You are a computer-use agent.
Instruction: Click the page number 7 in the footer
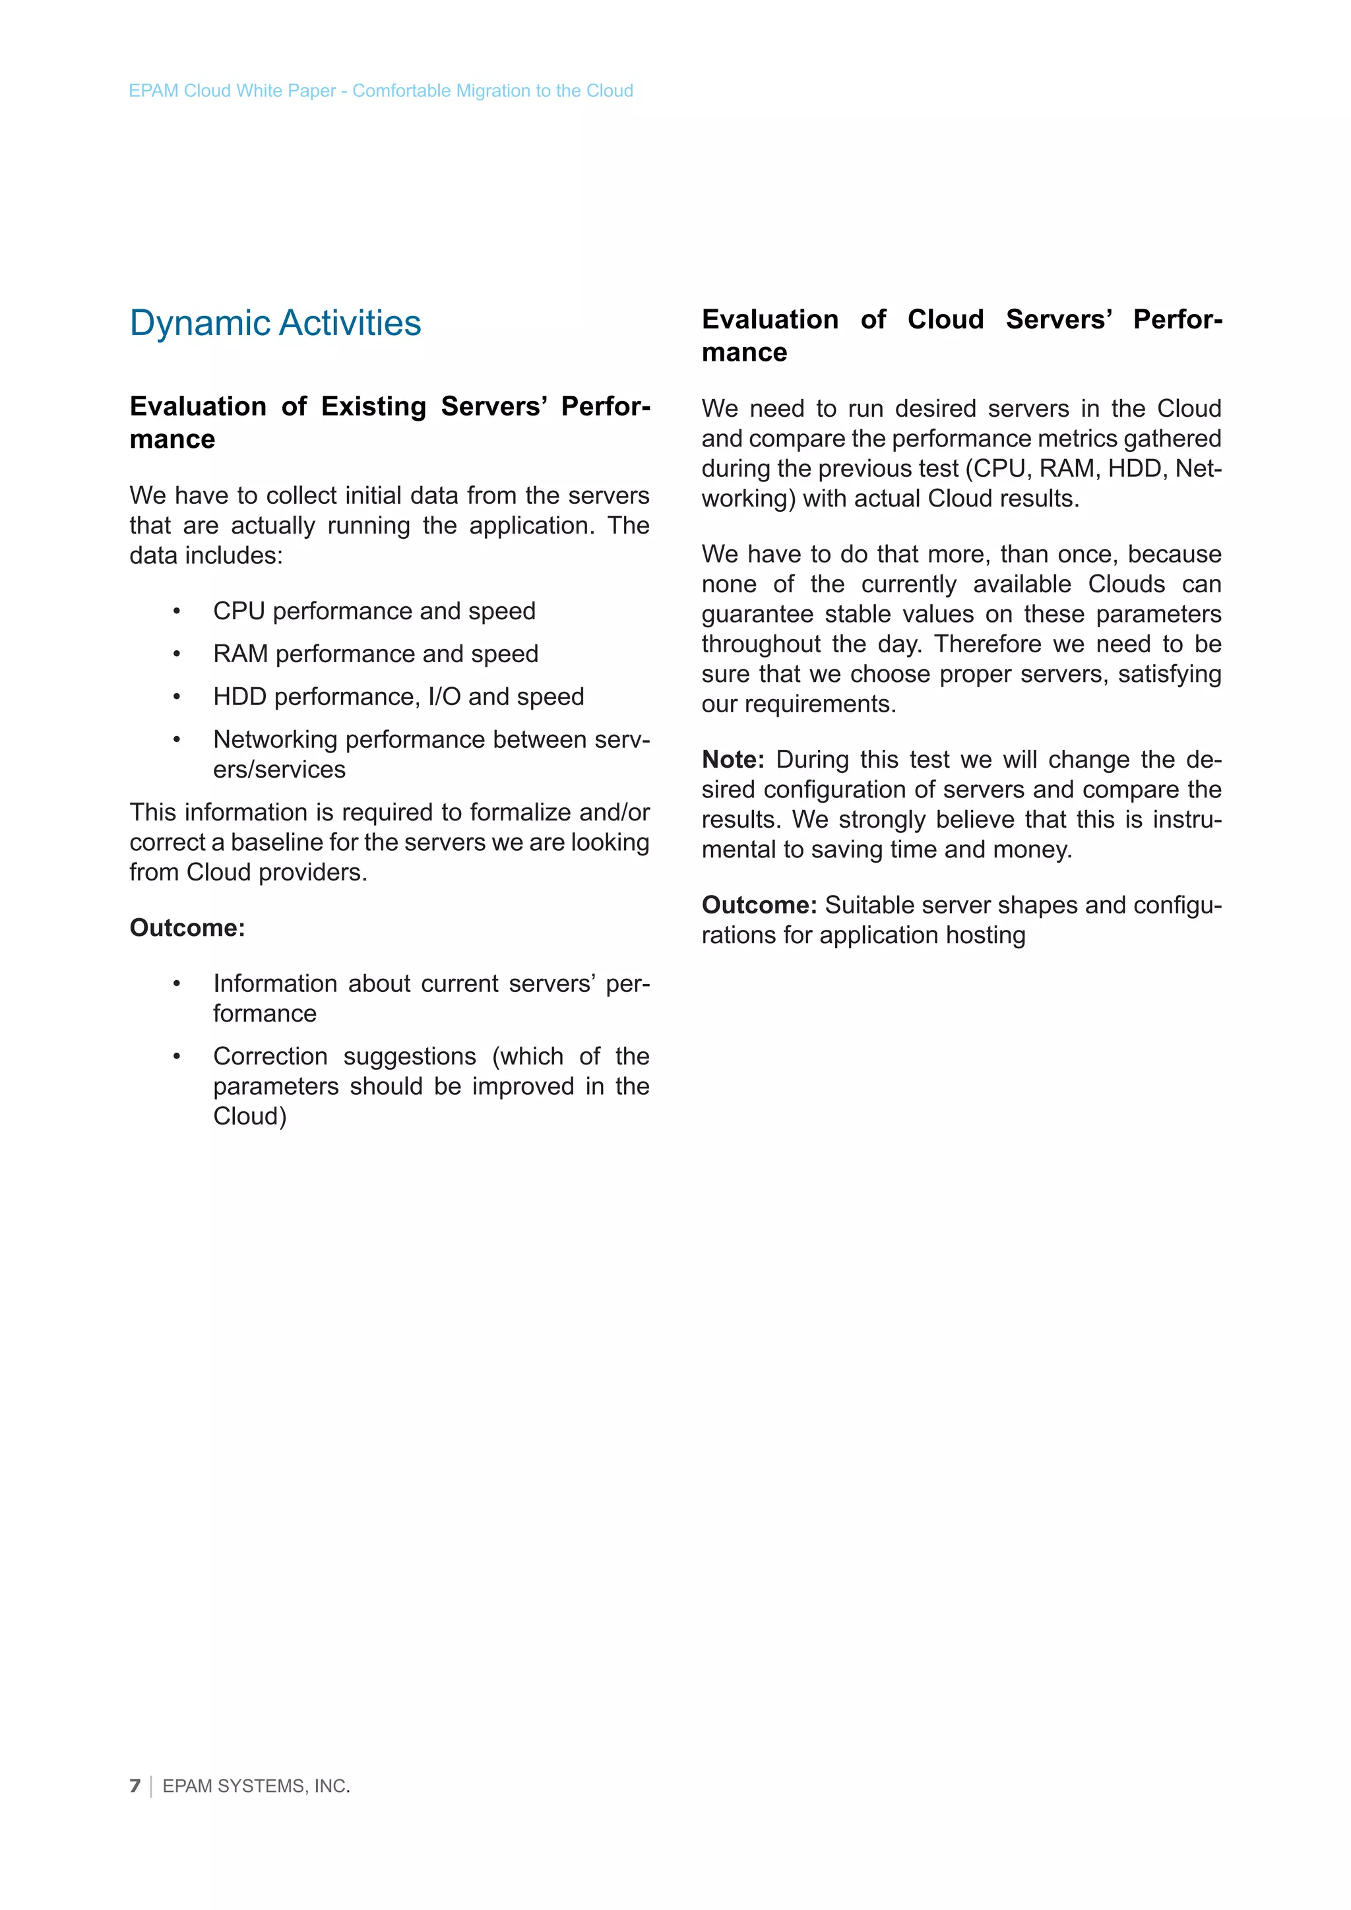click(135, 1786)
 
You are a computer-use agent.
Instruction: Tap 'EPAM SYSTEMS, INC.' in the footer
click(256, 1786)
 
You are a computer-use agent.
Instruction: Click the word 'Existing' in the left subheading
click(373, 407)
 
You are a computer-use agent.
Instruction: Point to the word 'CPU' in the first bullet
click(239, 611)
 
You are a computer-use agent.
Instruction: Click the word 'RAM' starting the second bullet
click(240, 654)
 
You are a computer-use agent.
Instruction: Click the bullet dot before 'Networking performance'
click(176, 739)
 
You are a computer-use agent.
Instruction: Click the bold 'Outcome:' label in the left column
click(187, 927)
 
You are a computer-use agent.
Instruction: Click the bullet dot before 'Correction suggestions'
click(176, 1057)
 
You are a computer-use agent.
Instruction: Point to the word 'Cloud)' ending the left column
click(249, 1117)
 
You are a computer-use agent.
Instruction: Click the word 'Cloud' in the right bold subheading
click(945, 319)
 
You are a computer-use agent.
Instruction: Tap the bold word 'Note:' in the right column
click(733, 760)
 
